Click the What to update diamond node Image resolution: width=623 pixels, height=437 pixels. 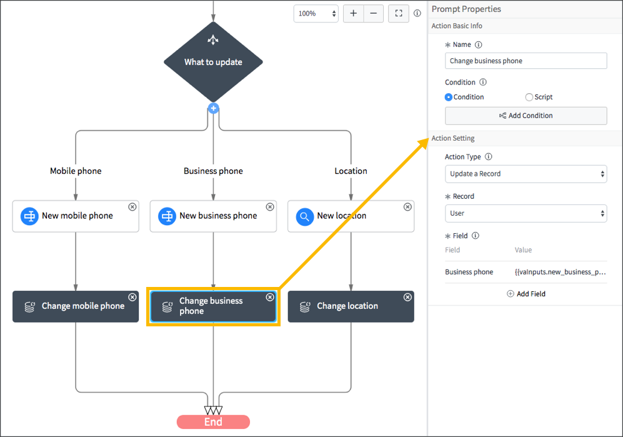tap(213, 62)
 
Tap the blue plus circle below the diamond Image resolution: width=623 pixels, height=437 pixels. tap(213, 108)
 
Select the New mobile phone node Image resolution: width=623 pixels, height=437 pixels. tap(76, 216)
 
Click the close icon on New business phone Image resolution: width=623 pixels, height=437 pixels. tap(270, 207)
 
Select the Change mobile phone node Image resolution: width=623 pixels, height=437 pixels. tap(76, 306)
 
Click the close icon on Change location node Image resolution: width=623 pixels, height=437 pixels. tap(407, 297)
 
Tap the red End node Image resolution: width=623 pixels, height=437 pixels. tap(213, 422)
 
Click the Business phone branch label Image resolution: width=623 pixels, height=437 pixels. tap(213, 171)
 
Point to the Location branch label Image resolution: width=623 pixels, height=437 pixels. tap(351, 171)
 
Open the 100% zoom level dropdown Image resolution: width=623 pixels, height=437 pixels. tap(316, 13)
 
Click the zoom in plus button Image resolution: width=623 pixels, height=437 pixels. tap(354, 13)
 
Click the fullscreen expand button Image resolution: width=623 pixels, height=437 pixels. tap(399, 13)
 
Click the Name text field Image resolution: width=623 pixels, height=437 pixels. tap(526, 61)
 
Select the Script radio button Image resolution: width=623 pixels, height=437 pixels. tap(529, 97)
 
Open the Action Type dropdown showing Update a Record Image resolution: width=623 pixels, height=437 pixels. tap(526, 174)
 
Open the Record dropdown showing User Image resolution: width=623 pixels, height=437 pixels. tap(526, 213)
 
